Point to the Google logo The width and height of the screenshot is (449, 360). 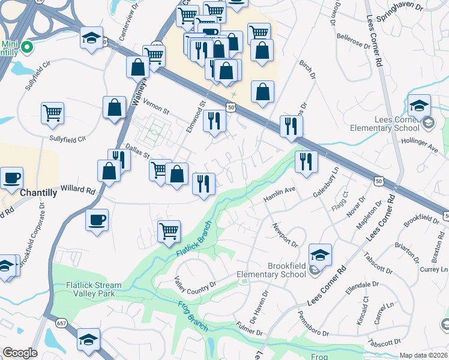click(x=20, y=353)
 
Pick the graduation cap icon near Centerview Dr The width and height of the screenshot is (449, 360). click(x=91, y=38)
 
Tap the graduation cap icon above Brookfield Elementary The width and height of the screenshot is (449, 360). click(x=321, y=254)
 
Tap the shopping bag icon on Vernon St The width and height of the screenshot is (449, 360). click(x=114, y=107)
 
